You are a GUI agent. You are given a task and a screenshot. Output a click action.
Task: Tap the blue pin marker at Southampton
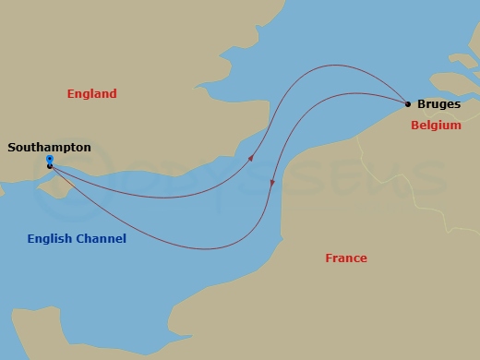pos(49,160)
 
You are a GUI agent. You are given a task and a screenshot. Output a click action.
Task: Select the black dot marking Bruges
pos(407,103)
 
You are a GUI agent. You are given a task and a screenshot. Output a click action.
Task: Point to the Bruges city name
pos(438,104)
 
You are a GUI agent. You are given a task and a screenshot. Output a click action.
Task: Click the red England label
pos(92,93)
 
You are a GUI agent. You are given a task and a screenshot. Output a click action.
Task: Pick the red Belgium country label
pos(436,126)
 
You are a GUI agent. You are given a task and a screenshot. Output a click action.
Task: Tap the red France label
pos(346,258)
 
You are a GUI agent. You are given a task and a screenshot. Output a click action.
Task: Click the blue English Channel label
pos(77,239)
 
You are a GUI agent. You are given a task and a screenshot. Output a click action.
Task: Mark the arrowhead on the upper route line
pos(250,160)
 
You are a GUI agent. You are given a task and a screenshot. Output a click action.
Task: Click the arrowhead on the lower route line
pos(272,183)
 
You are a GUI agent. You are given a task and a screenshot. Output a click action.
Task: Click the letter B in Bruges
pos(422,104)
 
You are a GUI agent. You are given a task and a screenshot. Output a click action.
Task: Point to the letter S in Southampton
pos(11,146)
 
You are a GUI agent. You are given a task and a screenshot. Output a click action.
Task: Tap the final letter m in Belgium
pos(456,126)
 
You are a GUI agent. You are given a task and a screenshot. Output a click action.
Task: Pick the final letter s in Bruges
pos(457,104)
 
